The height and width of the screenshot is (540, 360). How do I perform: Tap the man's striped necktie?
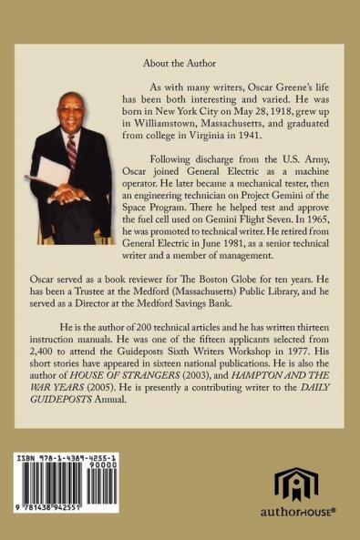pyautogui.click(x=72, y=149)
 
